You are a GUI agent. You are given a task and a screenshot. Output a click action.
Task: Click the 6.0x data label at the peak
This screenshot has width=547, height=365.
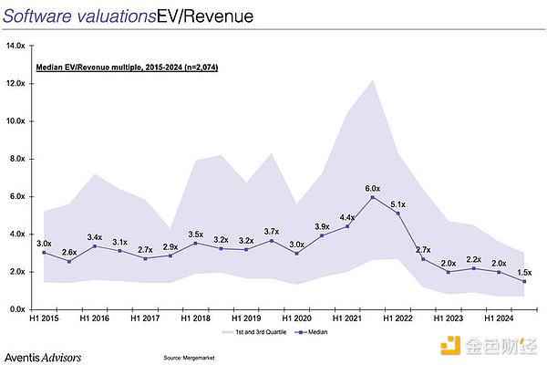point(374,188)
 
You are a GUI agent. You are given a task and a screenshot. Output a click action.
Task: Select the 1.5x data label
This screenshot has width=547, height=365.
point(524,272)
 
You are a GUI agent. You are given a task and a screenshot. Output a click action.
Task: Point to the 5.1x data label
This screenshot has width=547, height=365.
point(398,204)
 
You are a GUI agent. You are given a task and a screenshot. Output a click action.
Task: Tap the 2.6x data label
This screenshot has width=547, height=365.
point(69,252)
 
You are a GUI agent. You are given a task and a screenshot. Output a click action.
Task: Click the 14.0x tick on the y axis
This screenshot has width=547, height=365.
point(15,46)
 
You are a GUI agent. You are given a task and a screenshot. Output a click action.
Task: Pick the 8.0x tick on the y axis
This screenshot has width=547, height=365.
point(17,159)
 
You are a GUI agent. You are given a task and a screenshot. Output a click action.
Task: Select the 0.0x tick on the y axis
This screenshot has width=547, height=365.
point(17,309)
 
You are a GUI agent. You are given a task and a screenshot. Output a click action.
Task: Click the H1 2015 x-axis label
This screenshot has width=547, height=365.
point(44,319)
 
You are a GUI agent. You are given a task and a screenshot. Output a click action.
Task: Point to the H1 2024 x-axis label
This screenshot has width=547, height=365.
point(498,319)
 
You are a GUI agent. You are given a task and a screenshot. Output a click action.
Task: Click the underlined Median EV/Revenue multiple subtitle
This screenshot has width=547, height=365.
point(126,68)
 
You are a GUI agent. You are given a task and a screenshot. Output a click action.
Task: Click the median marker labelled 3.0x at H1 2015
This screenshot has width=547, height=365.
point(44,253)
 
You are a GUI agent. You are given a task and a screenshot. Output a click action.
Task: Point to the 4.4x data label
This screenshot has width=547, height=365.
point(347,217)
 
